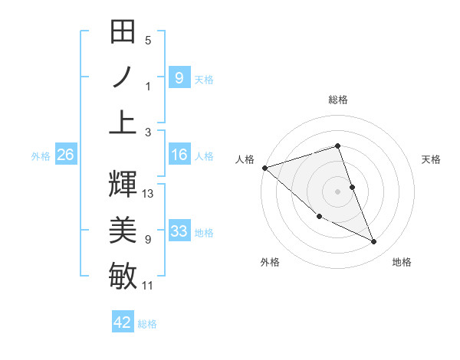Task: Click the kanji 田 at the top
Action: coord(123,34)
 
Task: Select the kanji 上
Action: coord(123,121)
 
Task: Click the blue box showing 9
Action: coord(179,77)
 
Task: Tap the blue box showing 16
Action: coord(179,155)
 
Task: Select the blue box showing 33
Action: coord(179,231)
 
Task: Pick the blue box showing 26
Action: coord(65,155)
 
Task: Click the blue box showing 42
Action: coord(123,322)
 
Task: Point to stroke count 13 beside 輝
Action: coord(149,194)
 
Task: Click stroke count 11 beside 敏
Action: coord(148,286)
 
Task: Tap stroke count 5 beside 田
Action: coord(148,40)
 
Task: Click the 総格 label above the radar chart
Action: coord(338,100)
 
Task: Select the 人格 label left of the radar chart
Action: coord(245,159)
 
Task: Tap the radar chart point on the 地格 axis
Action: coord(373,242)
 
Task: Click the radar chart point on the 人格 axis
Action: coord(264,167)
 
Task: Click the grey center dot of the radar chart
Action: coord(338,191)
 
